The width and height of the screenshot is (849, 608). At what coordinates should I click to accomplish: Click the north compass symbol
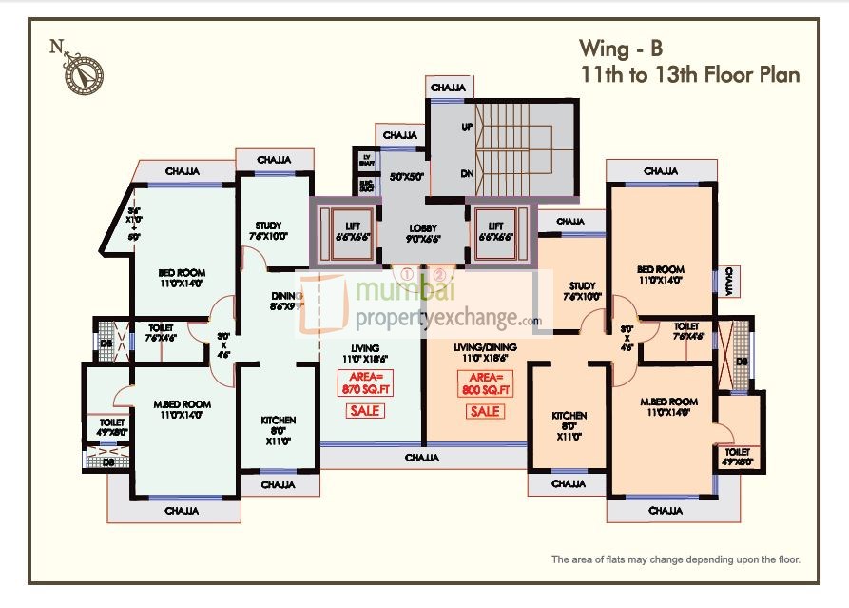point(84,74)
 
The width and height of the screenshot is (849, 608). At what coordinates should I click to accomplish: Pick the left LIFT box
point(345,231)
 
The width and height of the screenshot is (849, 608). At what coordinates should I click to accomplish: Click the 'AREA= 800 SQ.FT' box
point(485,383)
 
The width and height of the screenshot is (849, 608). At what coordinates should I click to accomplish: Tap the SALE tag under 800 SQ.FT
point(485,412)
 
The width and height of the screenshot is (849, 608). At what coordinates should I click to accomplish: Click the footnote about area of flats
point(676,559)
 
